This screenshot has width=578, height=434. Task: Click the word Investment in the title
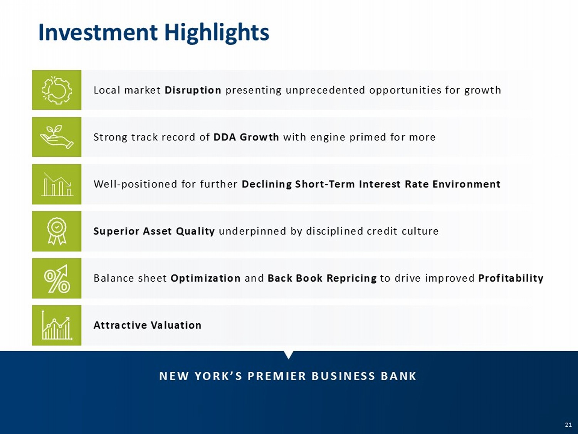click(98, 32)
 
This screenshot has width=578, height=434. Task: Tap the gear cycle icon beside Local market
click(56, 90)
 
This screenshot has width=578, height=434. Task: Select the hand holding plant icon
click(57, 137)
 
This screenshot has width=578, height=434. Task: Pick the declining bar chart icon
click(57, 184)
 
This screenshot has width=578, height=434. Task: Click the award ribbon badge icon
click(57, 231)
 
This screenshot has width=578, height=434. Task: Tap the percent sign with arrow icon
click(57, 279)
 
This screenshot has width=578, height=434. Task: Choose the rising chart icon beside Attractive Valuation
click(57, 326)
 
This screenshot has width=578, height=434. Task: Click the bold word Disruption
click(193, 90)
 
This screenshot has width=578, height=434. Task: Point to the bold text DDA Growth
click(246, 137)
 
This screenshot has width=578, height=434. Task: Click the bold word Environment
click(466, 184)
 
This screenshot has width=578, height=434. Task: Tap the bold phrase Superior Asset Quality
click(154, 231)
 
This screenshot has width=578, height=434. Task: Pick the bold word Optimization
click(205, 278)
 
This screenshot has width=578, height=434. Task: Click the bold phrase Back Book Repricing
click(322, 278)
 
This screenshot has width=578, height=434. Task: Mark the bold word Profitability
click(511, 278)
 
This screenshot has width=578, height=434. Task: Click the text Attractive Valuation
click(148, 325)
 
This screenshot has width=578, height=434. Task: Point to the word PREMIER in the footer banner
click(277, 376)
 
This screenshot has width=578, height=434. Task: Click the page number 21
click(568, 425)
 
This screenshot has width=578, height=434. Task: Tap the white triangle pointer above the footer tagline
click(289, 355)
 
